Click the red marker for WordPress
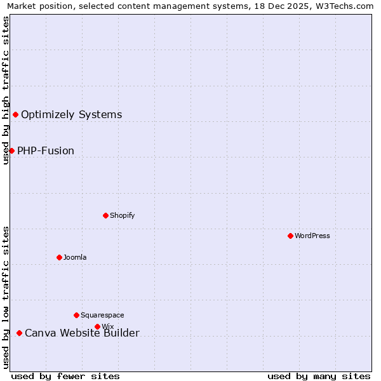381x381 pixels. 290,236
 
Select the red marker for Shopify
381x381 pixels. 105,215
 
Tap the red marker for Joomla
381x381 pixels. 59,257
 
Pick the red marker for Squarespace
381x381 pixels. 76,315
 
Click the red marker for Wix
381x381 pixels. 97,326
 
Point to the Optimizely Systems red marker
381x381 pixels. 15,114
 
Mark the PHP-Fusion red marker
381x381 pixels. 11,150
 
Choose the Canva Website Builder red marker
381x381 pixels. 19,333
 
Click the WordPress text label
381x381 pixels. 312,236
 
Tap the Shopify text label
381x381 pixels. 123,215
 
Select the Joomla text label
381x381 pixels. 75,257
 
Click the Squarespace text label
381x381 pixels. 102,315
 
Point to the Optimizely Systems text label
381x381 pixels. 72,114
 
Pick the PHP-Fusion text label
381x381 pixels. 46,150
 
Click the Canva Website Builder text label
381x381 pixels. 82,333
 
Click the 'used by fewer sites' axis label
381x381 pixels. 65,376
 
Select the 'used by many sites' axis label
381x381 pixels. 319,376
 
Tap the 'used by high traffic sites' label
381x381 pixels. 6,90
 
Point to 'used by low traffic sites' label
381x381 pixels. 6,297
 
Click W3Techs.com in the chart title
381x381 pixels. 345,6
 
